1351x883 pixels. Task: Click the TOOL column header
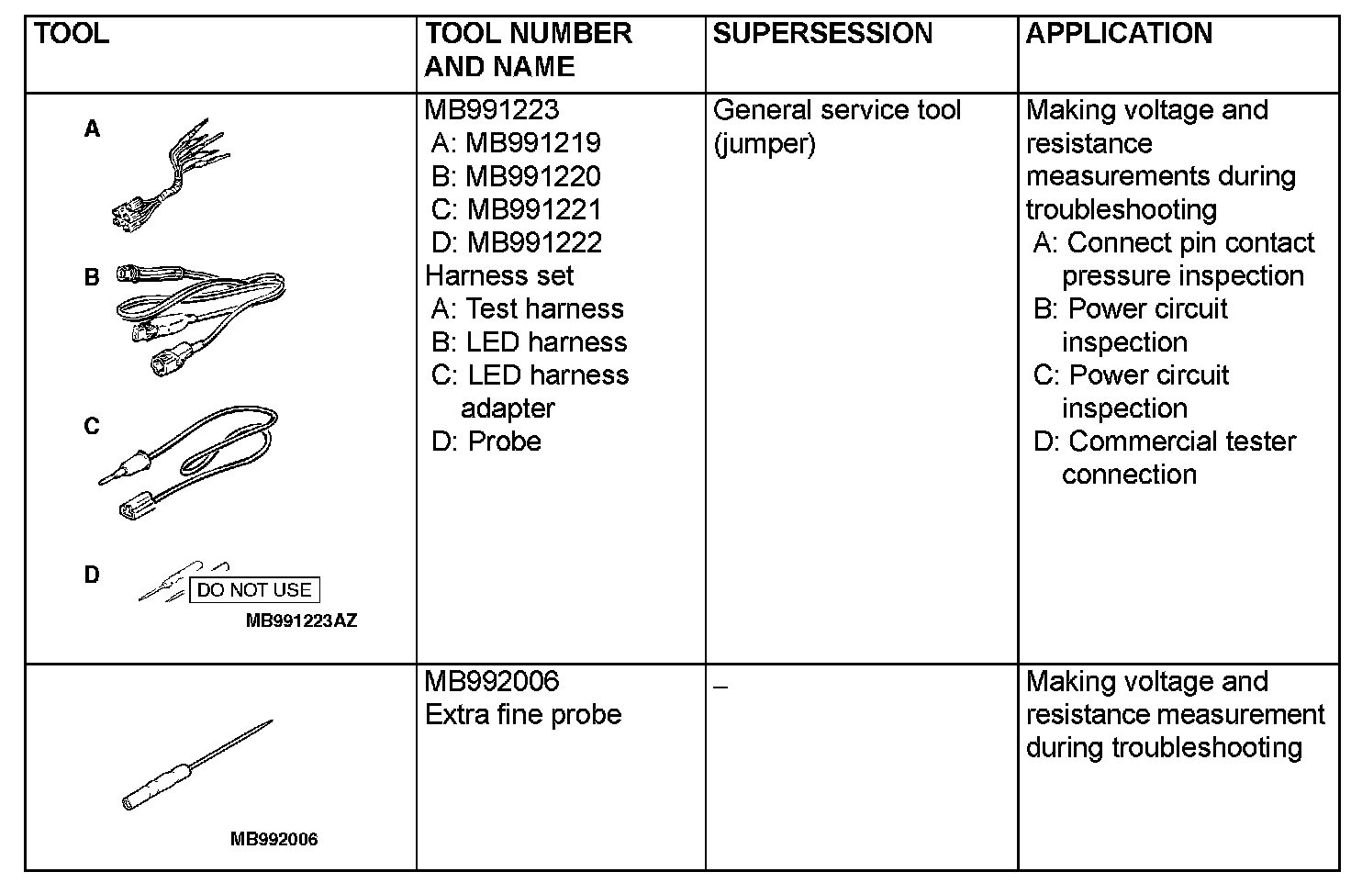[x=72, y=34]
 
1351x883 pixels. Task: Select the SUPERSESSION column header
[x=822, y=34]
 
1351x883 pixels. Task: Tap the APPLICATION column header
[x=1119, y=34]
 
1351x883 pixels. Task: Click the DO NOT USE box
[x=254, y=590]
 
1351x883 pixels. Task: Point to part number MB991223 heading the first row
[x=491, y=110]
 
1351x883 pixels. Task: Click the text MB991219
[x=532, y=143]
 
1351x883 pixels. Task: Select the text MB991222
[x=534, y=242]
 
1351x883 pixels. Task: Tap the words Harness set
[x=499, y=275]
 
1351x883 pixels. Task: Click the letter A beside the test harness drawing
[x=92, y=129]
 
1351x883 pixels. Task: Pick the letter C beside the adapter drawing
[x=92, y=427]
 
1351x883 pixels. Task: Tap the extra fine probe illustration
[x=196, y=766]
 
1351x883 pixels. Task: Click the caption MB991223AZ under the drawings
[x=301, y=620]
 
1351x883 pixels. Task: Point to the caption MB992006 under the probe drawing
[x=274, y=839]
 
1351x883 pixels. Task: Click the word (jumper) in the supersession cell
[x=764, y=143]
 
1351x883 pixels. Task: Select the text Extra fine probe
[x=523, y=714]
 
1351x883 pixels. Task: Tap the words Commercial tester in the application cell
[x=1182, y=441]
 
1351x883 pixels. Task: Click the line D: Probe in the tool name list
[x=486, y=441]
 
